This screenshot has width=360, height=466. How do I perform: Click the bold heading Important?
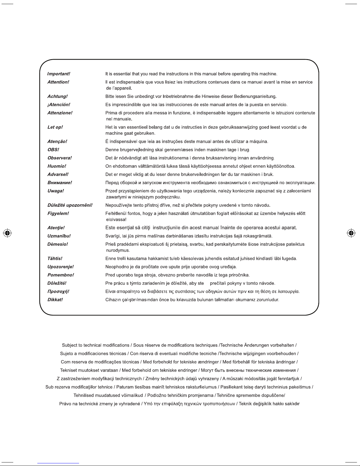[x=59, y=74]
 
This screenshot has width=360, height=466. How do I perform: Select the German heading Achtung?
[x=58, y=96]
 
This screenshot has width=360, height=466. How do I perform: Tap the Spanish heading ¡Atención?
[x=59, y=105]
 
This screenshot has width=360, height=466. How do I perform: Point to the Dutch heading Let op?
[x=55, y=127]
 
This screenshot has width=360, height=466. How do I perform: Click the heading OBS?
[x=53, y=150]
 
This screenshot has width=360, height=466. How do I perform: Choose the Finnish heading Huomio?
[x=57, y=166]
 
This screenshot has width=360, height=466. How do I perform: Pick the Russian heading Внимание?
[x=60, y=183]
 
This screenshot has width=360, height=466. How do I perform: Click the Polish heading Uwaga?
[x=56, y=191]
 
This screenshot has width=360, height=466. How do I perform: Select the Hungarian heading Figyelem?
[x=58, y=213]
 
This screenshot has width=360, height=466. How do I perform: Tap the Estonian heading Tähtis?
[x=55, y=259]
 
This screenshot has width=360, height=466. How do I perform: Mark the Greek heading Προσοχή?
[x=58, y=292]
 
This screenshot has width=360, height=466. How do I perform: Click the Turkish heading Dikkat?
[x=55, y=300]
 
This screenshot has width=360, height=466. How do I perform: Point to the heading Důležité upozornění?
[x=70, y=205]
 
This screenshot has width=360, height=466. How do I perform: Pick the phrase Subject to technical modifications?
[x=96, y=345]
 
